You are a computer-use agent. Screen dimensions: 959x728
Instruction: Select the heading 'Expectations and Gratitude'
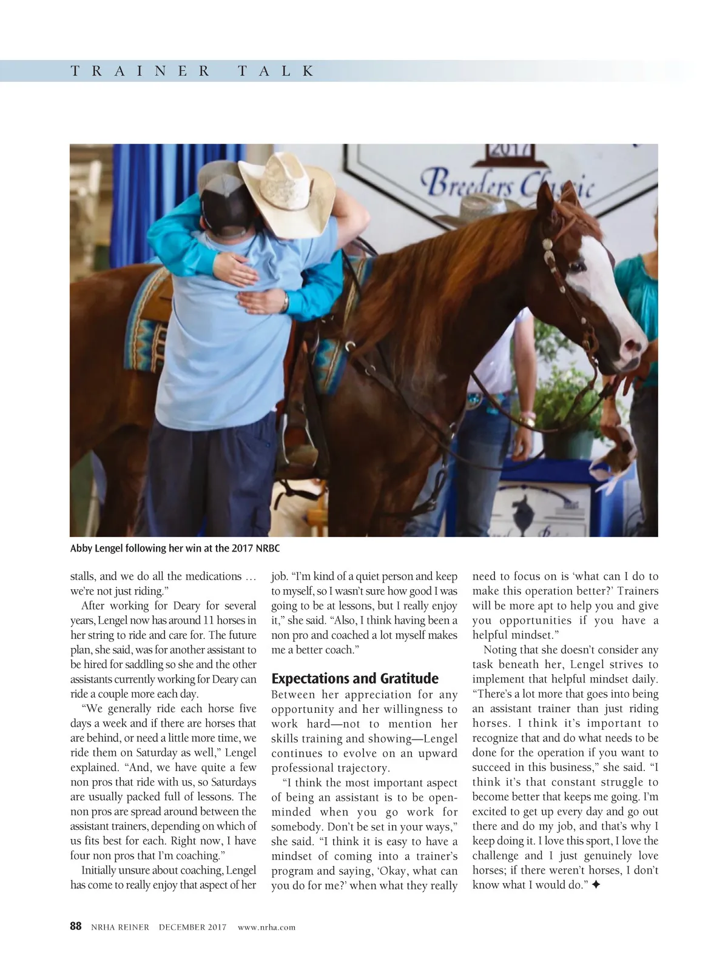354,678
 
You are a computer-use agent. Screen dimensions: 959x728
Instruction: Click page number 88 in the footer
76,926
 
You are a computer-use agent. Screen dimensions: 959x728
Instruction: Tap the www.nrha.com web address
266,927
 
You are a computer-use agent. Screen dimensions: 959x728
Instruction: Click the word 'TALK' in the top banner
277,71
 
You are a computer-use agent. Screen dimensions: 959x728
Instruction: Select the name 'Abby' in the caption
81,548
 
